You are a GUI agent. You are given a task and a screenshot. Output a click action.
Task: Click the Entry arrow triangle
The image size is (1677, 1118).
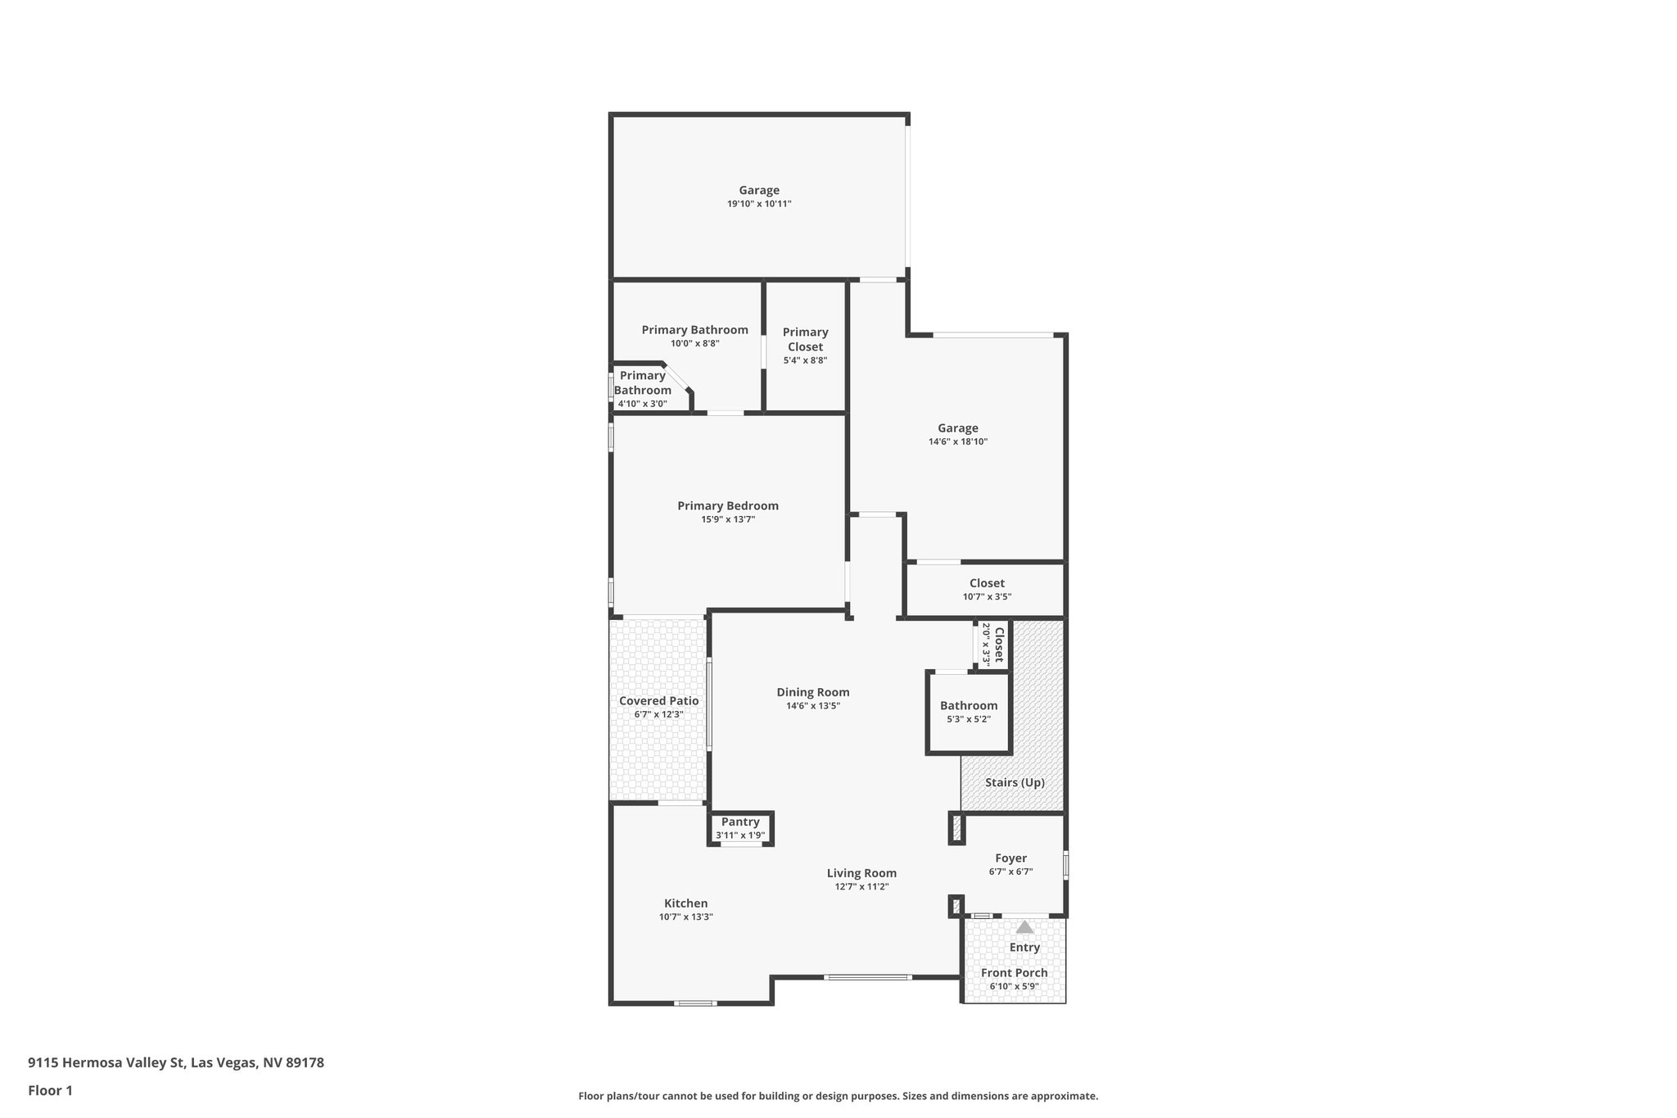pyautogui.click(x=1024, y=927)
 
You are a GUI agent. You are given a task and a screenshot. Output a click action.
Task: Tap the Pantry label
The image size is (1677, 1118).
pyautogui.click(x=740, y=822)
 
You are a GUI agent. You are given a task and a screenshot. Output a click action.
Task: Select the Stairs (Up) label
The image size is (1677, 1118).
pyautogui.click(x=1015, y=782)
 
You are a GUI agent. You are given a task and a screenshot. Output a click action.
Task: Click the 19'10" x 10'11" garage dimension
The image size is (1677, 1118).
pyautogui.click(x=759, y=204)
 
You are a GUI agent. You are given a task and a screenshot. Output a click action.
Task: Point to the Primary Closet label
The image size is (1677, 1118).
pyautogui.click(x=805, y=339)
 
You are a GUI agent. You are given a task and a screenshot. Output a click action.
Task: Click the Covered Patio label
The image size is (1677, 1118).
pyautogui.click(x=658, y=701)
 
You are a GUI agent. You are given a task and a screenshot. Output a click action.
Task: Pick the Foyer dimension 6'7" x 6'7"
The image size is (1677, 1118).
pyautogui.click(x=1010, y=871)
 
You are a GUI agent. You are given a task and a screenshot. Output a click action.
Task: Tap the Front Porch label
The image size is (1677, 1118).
pyautogui.click(x=1014, y=973)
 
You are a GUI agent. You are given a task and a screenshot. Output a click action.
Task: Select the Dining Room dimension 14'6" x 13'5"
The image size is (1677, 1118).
pyautogui.click(x=812, y=706)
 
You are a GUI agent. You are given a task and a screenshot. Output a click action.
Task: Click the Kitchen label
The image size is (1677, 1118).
pyautogui.click(x=685, y=903)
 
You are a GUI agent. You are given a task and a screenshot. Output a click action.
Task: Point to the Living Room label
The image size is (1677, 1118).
pyautogui.click(x=861, y=873)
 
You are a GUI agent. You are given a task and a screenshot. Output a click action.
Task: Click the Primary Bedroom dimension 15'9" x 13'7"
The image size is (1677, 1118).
pyautogui.click(x=727, y=519)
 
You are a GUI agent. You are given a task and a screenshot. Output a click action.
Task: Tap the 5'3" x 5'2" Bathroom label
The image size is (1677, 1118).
pyautogui.click(x=969, y=706)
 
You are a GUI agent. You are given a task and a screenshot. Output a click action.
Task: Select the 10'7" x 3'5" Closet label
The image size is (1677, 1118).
pyautogui.click(x=987, y=583)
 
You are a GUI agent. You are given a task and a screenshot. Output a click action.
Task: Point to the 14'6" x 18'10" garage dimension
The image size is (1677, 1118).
pyautogui.click(x=957, y=441)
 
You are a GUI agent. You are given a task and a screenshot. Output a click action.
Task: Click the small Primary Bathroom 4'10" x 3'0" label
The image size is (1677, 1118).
pyautogui.click(x=643, y=383)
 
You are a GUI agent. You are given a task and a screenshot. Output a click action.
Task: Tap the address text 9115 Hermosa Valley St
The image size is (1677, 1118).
pyautogui.click(x=176, y=1062)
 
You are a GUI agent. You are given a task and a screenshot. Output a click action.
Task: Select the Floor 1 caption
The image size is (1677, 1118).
pyautogui.click(x=50, y=1090)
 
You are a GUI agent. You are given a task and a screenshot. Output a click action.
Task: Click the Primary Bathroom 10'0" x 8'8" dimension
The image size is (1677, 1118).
pyautogui.click(x=694, y=344)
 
